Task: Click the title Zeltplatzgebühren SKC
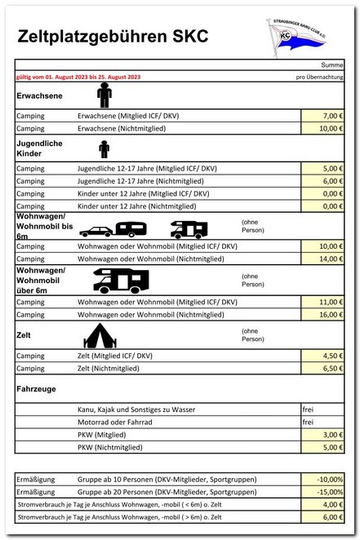click(112, 37)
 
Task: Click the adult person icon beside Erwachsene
click(104, 95)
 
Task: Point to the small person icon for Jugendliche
click(104, 149)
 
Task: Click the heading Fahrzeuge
click(36, 389)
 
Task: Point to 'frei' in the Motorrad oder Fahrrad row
click(308, 422)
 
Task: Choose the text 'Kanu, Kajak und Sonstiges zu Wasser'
click(136, 409)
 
